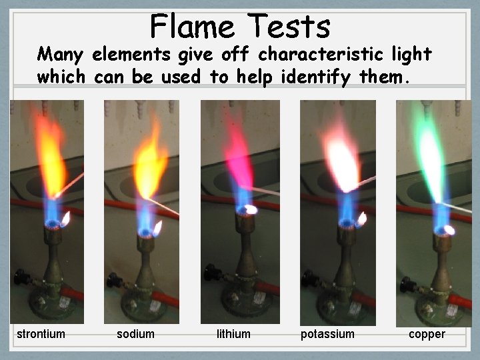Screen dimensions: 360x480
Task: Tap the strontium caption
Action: point(41,334)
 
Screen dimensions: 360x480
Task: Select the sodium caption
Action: point(135,334)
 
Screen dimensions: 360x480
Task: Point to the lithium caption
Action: point(233,334)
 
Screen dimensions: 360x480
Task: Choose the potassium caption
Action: point(327,334)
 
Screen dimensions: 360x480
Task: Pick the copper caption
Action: point(427,334)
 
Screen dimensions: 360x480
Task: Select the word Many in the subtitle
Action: point(61,54)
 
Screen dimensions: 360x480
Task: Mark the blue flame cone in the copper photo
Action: point(440,213)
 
